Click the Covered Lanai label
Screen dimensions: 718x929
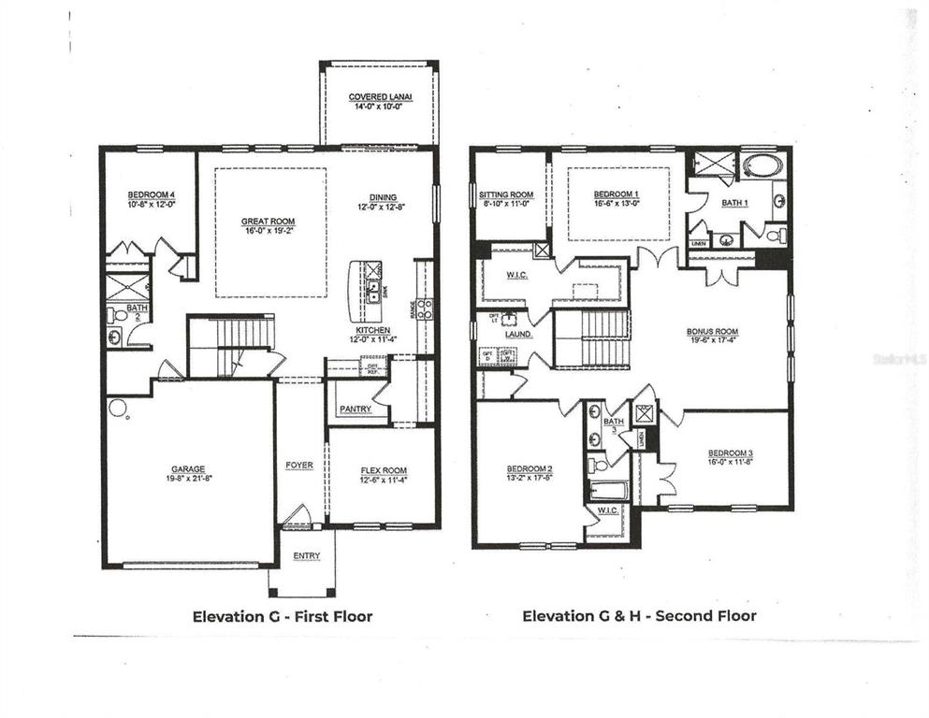tap(380, 97)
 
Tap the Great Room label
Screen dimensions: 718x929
tap(269, 222)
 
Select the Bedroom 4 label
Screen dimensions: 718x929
tap(151, 194)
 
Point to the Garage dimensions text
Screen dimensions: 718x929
tap(187, 479)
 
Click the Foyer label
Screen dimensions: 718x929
tap(299, 465)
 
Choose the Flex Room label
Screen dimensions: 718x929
tap(383, 470)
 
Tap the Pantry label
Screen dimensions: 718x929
tap(356, 409)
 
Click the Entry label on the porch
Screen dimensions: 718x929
tap(306, 556)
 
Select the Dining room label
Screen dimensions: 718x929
tap(383, 196)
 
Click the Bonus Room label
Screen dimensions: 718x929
tap(712, 332)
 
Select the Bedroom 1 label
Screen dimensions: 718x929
tap(616, 194)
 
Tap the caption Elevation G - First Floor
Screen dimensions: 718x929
tap(283, 616)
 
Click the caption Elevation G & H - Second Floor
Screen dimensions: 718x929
tap(639, 616)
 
